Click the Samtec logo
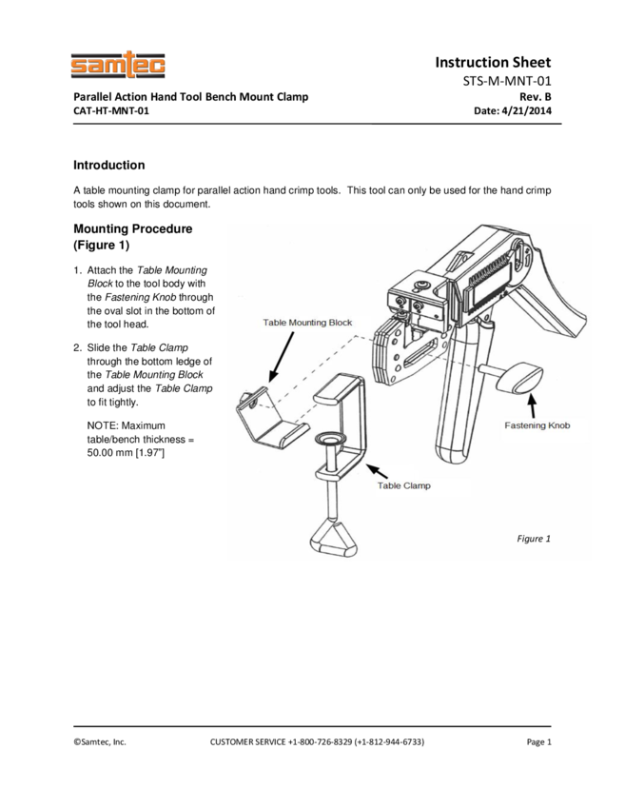click(x=118, y=66)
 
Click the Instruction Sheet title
click(x=493, y=62)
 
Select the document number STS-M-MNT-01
click(x=507, y=81)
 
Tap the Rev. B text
click(x=536, y=96)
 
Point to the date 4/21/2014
click(x=526, y=110)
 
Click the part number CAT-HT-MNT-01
click(x=111, y=110)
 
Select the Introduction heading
click(x=109, y=165)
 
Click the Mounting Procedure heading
click(x=132, y=229)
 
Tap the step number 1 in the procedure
click(x=77, y=270)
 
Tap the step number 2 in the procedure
click(x=77, y=347)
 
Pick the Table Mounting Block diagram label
click(x=307, y=323)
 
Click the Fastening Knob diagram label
click(x=537, y=425)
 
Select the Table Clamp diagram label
click(x=403, y=485)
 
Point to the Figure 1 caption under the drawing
click(x=534, y=539)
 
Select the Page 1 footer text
click(x=539, y=741)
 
